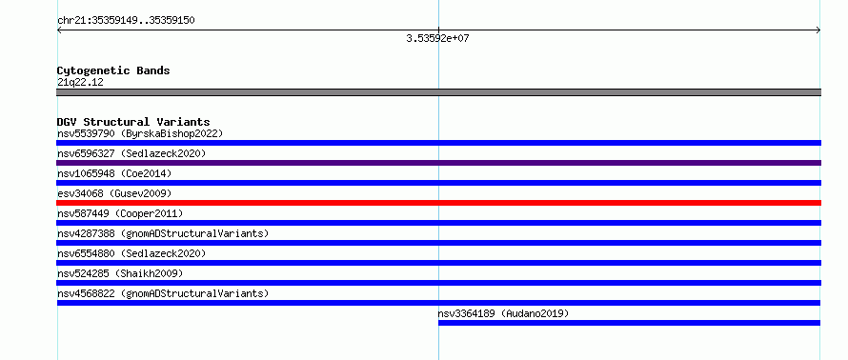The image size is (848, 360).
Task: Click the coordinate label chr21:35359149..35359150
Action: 126,21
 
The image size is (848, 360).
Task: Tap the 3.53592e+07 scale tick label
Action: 437,38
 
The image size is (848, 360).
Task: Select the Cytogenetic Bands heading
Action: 113,70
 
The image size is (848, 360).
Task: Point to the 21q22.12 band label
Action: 80,83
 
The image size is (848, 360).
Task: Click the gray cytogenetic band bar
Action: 438,92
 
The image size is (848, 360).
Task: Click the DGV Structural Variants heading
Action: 133,122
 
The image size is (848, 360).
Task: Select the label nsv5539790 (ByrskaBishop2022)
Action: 140,133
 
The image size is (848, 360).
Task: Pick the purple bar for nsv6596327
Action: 438,163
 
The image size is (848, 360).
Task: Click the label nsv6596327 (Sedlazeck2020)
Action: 131,153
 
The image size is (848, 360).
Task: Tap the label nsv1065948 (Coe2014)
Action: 114,173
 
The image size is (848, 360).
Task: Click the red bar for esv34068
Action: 438,203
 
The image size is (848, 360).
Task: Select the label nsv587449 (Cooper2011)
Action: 120,213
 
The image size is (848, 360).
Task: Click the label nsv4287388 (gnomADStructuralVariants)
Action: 163,233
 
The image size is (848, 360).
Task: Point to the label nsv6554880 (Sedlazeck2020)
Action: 131,253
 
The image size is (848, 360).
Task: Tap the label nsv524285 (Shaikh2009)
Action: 120,273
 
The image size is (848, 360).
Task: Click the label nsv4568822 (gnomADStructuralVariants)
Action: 163,293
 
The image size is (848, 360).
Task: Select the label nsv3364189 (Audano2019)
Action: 503,313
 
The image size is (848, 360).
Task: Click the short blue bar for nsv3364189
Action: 629,323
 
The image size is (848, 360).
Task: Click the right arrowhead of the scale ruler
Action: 818,30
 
